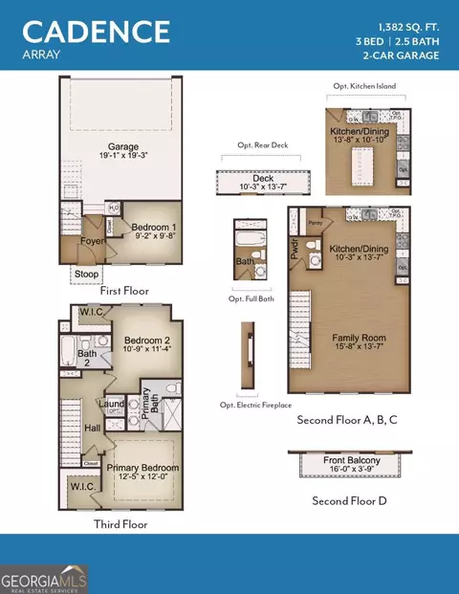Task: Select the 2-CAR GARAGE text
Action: pyautogui.click(x=401, y=55)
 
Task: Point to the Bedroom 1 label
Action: pyautogui.click(x=153, y=224)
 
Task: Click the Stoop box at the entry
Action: pyautogui.click(x=85, y=275)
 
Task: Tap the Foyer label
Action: pyautogui.click(x=92, y=241)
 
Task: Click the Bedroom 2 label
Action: pyautogui.click(x=146, y=341)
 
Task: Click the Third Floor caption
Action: pyautogui.click(x=120, y=523)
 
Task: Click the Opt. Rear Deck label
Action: pyautogui.click(x=254, y=146)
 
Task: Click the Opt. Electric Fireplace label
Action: pyautogui.click(x=254, y=405)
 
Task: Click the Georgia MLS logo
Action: pyautogui.click(x=44, y=578)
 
